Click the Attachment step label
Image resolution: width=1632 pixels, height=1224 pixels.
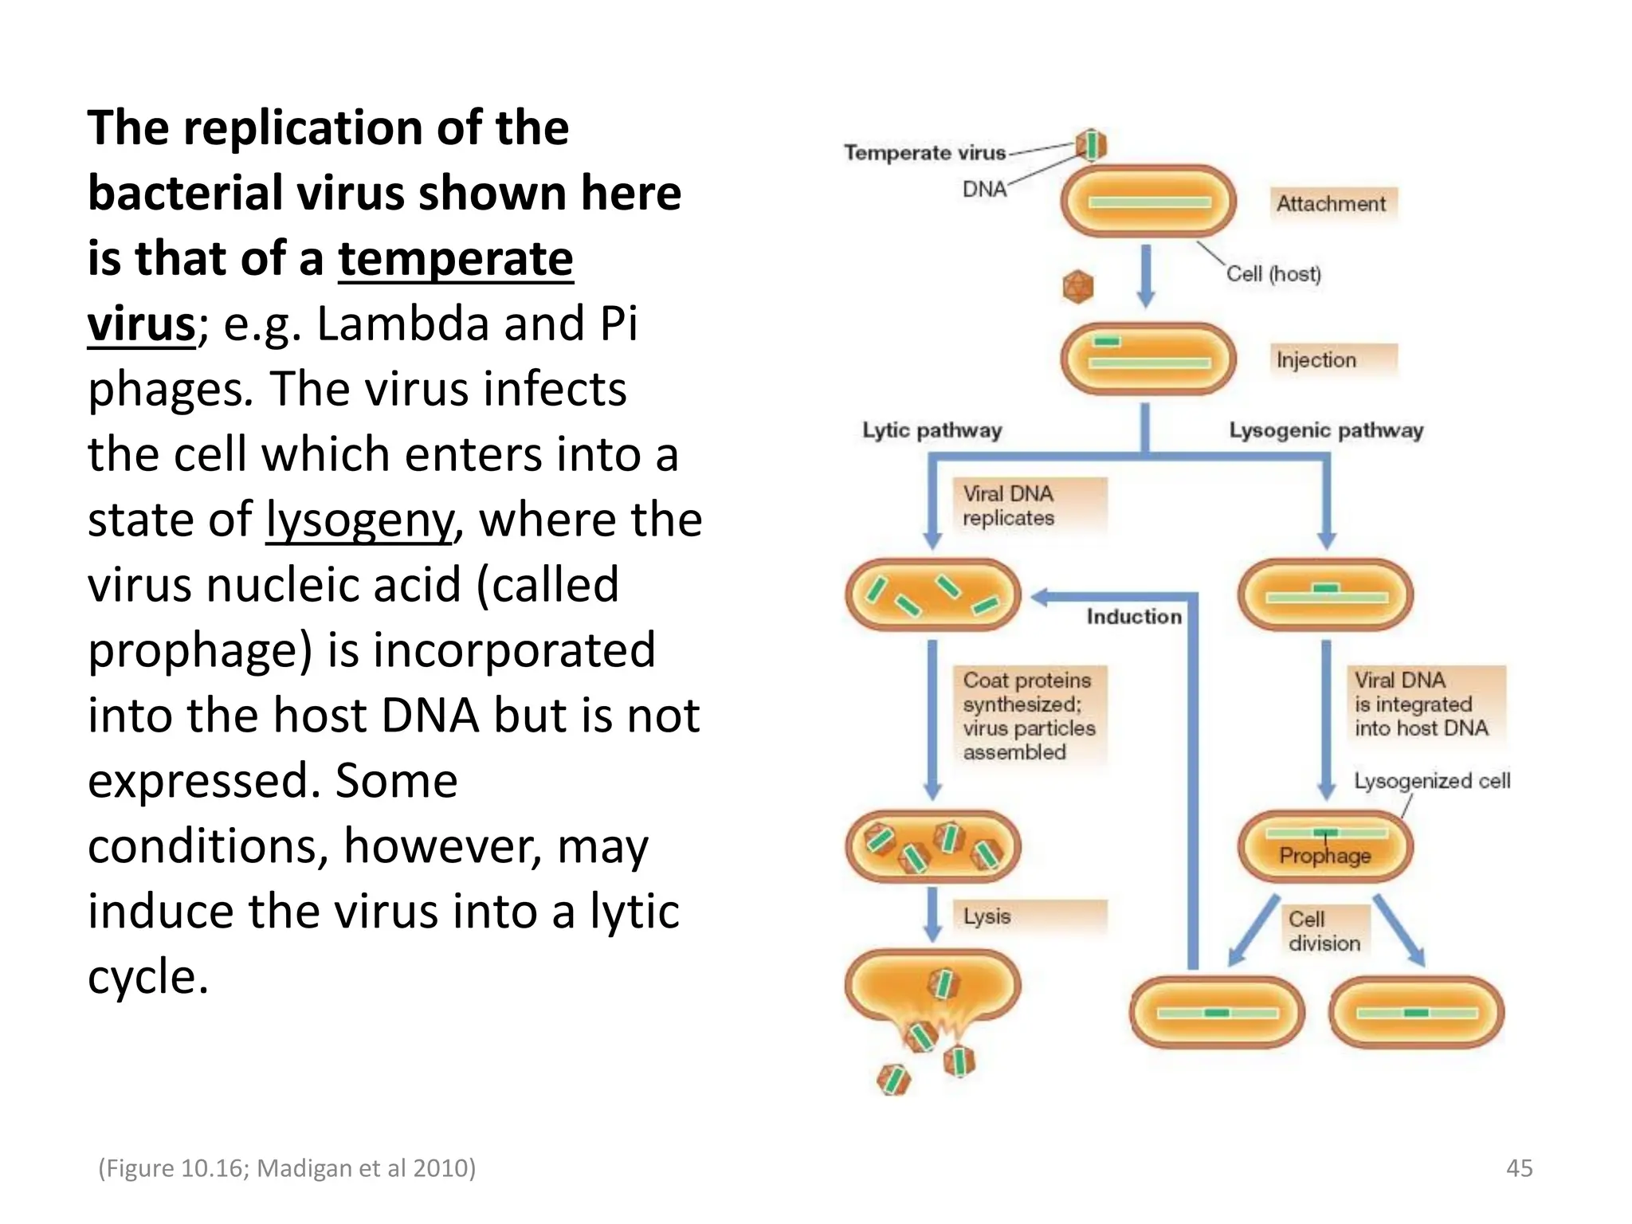pyautogui.click(x=1331, y=204)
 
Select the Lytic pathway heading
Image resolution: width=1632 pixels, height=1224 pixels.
pyautogui.click(x=932, y=430)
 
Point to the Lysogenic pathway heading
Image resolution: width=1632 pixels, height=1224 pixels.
pyautogui.click(x=1326, y=430)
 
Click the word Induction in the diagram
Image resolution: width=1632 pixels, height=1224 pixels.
pyautogui.click(x=1134, y=616)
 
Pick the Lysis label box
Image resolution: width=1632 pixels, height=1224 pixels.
pyautogui.click(x=1028, y=916)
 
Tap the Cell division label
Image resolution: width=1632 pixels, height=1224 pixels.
pyautogui.click(x=1324, y=931)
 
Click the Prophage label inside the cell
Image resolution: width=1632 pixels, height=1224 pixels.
pyautogui.click(x=1324, y=856)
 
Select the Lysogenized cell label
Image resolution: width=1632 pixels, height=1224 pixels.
pyautogui.click(x=1432, y=781)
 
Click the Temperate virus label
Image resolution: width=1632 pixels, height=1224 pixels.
pyautogui.click(x=924, y=152)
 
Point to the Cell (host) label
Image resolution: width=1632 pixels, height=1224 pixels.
pyautogui.click(x=1273, y=274)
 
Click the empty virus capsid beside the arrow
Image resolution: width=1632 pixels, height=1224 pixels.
pyautogui.click(x=1078, y=287)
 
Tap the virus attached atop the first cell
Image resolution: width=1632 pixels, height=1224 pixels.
pyautogui.click(x=1091, y=145)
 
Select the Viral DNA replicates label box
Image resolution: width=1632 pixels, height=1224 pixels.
pyautogui.click(x=1028, y=506)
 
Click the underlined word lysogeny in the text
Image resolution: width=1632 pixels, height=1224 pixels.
pyautogui.click(x=359, y=520)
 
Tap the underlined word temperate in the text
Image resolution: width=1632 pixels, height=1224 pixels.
pyautogui.click(x=455, y=259)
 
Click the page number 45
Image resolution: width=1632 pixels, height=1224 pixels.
pyautogui.click(x=1519, y=1168)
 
